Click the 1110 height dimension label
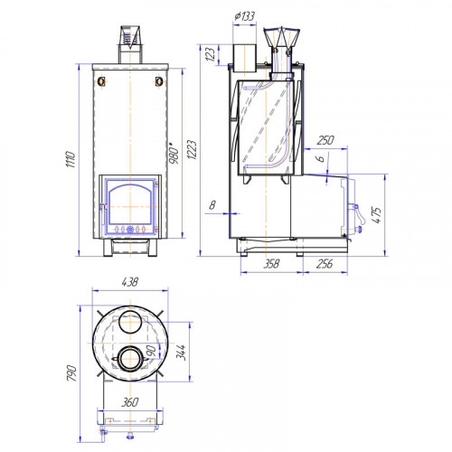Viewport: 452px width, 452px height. coord(71,159)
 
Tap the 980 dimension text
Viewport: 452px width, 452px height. coord(174,153)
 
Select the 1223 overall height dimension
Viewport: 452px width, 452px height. coord(192,149)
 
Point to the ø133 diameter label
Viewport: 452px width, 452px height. coord(245,16)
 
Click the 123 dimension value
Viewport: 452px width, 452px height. coord(211,54)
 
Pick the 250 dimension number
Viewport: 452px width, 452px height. coord(325,140)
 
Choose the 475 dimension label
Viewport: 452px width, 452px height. coord(377,215)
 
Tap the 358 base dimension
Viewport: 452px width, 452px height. coord(271,264)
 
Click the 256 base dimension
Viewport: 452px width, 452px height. coord(325,264)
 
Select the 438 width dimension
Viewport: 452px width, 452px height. coord(130,282)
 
